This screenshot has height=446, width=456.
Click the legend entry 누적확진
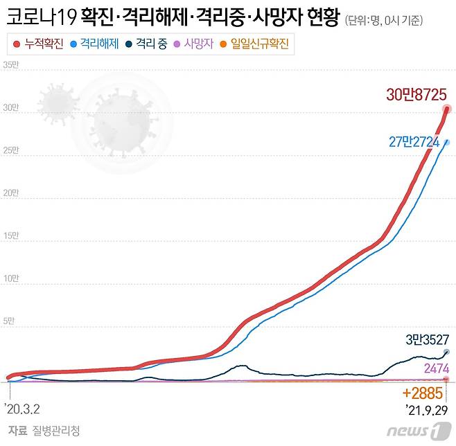click(x=39, y=45)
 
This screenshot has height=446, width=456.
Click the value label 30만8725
click(x=416, y=96)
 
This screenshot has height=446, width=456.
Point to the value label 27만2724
click(x=418, y=141)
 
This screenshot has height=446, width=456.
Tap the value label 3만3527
click(x=428, y=340)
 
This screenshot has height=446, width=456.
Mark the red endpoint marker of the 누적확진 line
click(x=447, y=109)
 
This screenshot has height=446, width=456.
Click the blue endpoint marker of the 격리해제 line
click(x=447, y=142)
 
